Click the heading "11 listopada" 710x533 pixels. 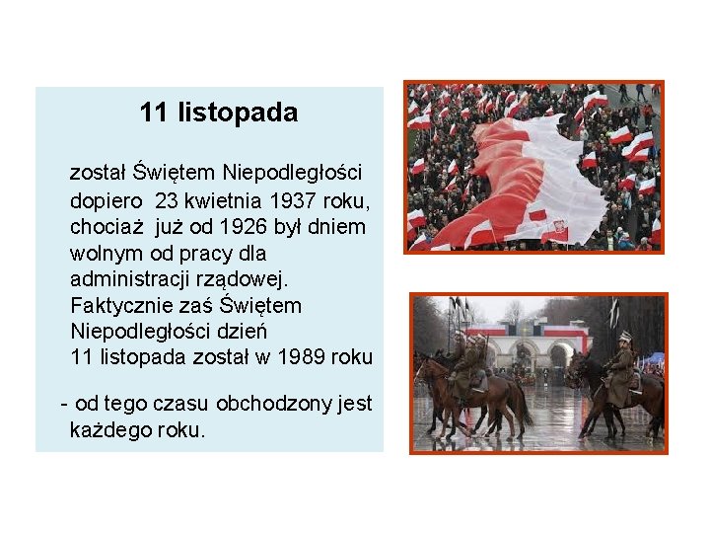[x=218, y=113]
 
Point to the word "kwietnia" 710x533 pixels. [x=227, y=200]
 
